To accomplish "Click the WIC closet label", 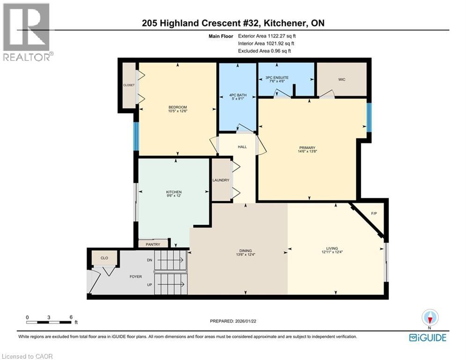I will point(341,80).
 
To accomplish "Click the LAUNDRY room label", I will point(221,180).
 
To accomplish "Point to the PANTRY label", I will point(153,244).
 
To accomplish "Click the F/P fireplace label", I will point(374,214).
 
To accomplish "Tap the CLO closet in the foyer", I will point(104,257).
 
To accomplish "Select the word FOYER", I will point(135,277).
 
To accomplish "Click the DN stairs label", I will point(149,260).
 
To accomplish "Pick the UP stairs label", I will point(149,285).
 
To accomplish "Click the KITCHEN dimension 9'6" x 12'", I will point(173,197).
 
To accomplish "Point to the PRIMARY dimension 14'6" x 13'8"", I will point(306,152).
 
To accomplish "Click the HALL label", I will point(242,147).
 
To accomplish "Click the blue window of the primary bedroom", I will point(369,117).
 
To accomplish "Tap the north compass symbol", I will point(429,317).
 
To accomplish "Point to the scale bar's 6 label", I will point(71,317).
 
